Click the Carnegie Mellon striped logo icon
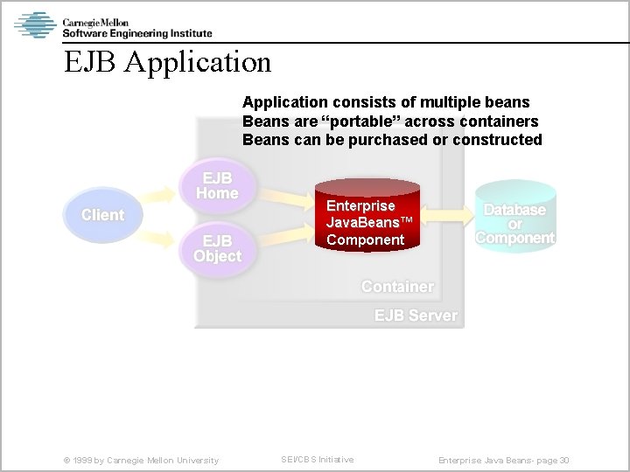[x=35, y=24]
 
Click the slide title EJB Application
[x=167, y=62]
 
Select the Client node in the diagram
[x=102, y=215]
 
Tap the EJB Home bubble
[x=217, y=185]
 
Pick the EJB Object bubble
[x=217, y=248]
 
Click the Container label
[x=397, y=287]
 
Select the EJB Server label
[x=416, y=316]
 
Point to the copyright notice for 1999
[x=141, y=460]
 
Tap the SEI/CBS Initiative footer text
[x=317, y=460]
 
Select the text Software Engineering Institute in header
[x=136, y=33]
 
